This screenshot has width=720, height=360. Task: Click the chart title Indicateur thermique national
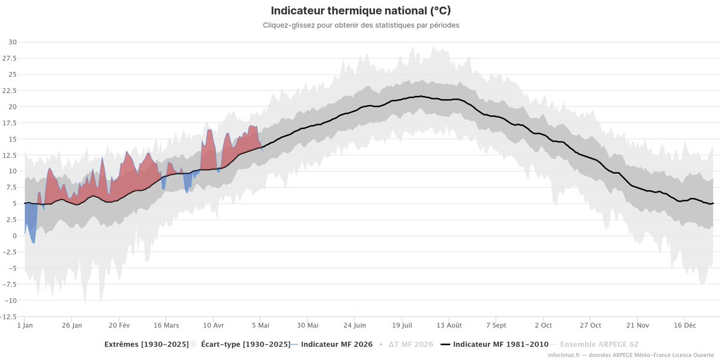[x=361, y=11]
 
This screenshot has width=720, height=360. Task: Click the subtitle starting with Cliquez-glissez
[x=361, y=25]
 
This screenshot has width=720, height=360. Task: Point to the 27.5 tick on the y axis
[x=10, y=58]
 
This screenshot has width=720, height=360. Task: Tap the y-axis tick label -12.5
[x=8, y=317]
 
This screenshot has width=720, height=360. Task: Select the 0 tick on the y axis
[x=14, y=236]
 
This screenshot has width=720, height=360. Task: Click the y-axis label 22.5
[x=10, y=91]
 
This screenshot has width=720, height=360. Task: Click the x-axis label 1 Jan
[x=25, y=325]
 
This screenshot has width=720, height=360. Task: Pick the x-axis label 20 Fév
[x=119, y=325]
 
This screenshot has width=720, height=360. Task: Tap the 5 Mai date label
[x=260, y=325]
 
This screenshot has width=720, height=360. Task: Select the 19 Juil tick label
[x=402, y=325]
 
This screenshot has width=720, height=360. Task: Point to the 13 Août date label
[x=449, y=325]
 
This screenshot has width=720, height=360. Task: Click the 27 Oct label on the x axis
[x=590, y=325]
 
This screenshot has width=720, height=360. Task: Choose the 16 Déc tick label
[x=685, y=325]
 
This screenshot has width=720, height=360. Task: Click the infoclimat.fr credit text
[x=631, y=355]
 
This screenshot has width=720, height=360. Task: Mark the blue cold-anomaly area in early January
[x=31, y=218]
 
